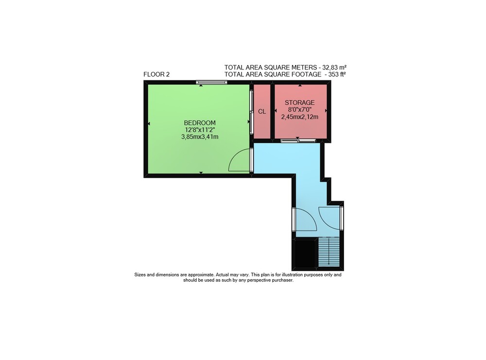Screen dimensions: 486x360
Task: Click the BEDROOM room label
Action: tap(200, 123)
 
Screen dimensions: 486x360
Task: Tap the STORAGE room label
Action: tap(300, 103)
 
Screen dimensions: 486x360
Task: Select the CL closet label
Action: tap(262, 112)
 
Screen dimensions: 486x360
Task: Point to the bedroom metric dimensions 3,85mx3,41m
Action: tap(200, 137)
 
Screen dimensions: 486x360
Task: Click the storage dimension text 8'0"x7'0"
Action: tap(300, 110)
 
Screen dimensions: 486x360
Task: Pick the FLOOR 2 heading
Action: tap(156, 74)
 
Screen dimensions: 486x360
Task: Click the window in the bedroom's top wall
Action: tap(212, 82)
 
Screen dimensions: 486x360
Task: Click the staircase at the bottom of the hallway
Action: tap(329, 252)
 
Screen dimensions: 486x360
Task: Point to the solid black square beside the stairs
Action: tap(305, 254)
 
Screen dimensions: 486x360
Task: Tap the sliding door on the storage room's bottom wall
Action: tap(298, 141)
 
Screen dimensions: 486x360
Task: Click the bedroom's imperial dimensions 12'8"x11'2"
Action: tap(200, 130)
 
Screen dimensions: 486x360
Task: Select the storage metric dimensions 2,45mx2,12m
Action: tap(300, 117)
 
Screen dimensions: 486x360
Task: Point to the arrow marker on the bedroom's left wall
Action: tap(149, 123)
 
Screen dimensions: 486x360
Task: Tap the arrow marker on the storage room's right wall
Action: tap(326, 111)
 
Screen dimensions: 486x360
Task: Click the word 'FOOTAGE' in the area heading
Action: tap(306, 74)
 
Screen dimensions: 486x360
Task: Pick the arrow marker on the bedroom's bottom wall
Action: tap(201, 172)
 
